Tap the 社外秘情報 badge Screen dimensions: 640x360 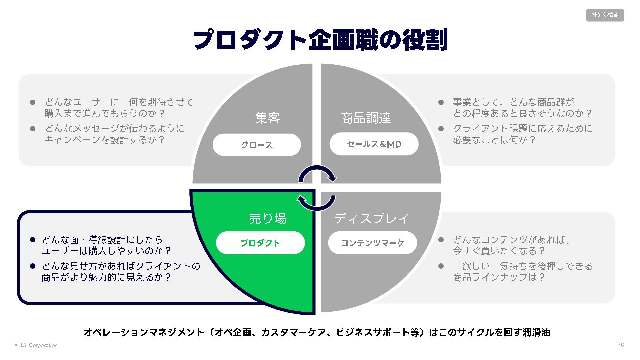point(605,15)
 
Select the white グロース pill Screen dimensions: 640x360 point(257,145)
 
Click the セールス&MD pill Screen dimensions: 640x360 point(374,144)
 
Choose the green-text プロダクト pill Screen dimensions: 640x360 point(260,243)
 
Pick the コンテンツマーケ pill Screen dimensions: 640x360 point(372,243)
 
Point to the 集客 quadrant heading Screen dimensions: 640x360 point(268,118)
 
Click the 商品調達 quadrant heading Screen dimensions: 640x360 point(366,118)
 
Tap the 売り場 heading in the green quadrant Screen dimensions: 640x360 point(268,218)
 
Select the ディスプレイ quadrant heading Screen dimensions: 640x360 point(372,218)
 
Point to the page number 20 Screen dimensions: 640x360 point(621,345)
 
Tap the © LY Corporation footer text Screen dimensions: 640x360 point(36,345)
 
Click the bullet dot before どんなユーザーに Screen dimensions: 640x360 point(33,102)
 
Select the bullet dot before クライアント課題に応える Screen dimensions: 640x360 point(441,129)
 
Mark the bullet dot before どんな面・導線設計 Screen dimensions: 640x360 point(33,240)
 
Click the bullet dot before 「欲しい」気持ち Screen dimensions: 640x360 point(441,266)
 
